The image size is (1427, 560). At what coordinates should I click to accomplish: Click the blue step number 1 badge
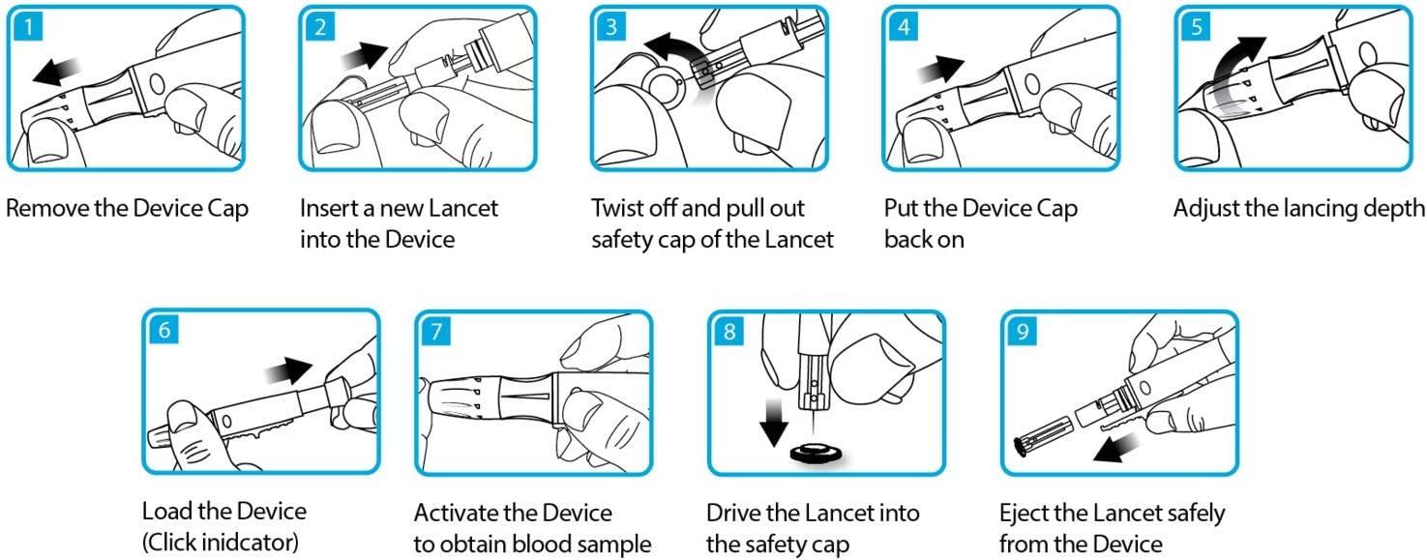coord(27,26)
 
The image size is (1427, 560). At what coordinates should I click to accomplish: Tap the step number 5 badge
coord(1196,26)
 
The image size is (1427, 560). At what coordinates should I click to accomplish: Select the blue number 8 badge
coord(728,332)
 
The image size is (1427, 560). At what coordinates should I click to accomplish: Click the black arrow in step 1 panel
coord(57,70)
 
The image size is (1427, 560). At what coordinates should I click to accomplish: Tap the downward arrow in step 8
coord(774,423)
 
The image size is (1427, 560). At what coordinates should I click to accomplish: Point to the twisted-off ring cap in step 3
coord(664,87)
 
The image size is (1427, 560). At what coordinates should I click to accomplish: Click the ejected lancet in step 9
coord(1041,435)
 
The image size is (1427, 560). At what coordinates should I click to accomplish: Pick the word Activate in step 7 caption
coord(455,513)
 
